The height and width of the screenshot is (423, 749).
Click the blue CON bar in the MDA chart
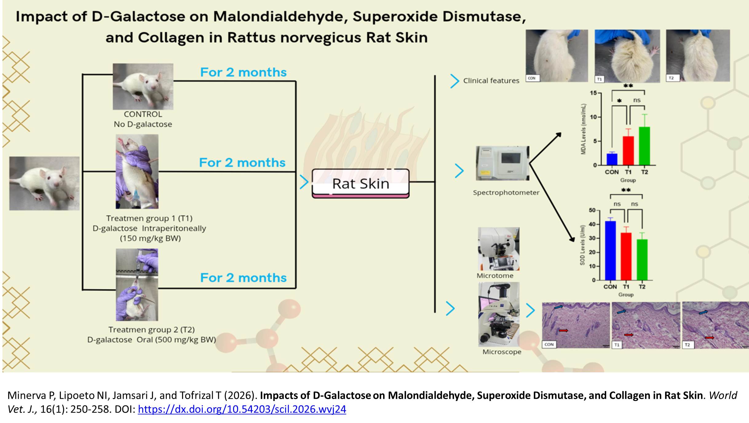pyautogui.click(x=612, y=159)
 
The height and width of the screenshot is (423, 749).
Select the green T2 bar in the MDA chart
pyautogui.click(x=644, y=146)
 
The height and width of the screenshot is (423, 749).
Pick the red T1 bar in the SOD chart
pyautogui.click(x=626, y=256)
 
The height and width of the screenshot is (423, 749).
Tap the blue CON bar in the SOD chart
pyautogui.click(x=610, y=250)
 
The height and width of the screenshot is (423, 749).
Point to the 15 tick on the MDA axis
pyautogui.click(x=593, y=93)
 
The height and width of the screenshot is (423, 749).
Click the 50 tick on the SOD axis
pyautogui.click(x=592, y=210)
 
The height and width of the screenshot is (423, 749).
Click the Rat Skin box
pyautogui.click(x=361, y=184)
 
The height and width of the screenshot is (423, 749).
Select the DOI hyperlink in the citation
pyautogui.click(x=242, y=409)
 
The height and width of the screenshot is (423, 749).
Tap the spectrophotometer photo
pyautogui.click(x=502, y=163)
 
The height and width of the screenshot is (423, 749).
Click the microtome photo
pyautogui.click(x=498, y=249)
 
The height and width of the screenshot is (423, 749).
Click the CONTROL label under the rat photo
pyautogui.click(x=143, y=114)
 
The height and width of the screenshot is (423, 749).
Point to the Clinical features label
pyautogui.click(x=491, y=81)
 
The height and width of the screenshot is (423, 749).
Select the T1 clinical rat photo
pyautogui.click(x=627, y=56)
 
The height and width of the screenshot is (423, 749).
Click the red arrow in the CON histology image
pyautogui.click(x=563, y=330)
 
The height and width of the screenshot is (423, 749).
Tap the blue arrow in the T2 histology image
pyautogui.click(x=703, y=312)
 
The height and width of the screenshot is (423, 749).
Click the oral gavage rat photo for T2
pyautogui.click(x=137, y=285)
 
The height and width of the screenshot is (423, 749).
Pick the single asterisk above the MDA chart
pyautogui.click(x=619, y=101)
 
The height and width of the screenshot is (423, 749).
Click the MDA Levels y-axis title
pyautogui.click(x=583, y=129)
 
